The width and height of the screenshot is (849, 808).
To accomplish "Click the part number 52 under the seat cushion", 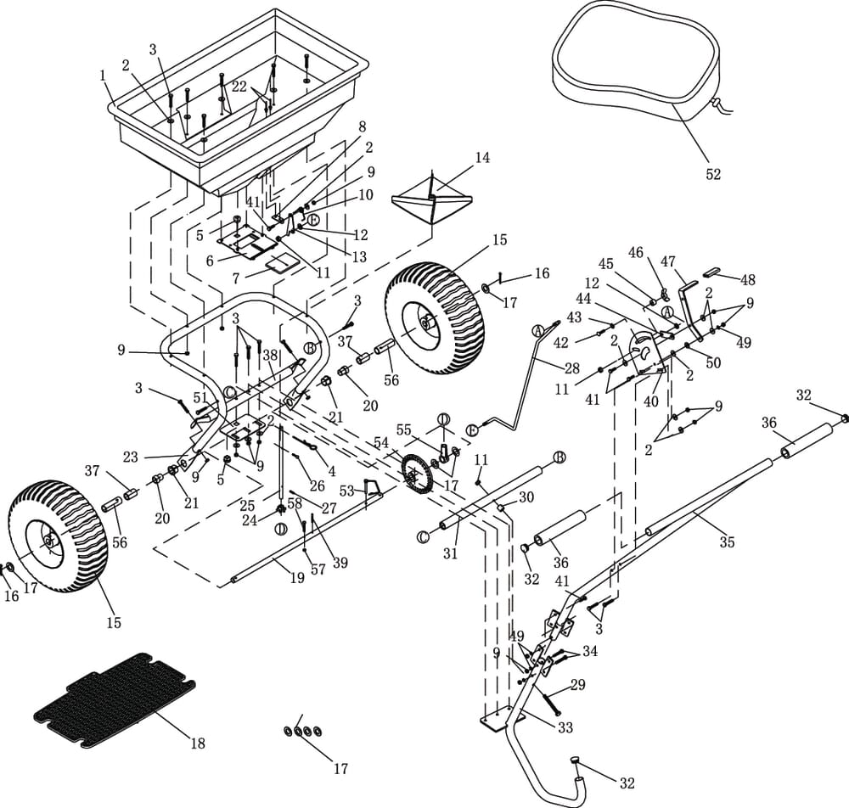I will tap(713, 174).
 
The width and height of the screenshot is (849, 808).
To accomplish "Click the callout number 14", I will tap(482, 158).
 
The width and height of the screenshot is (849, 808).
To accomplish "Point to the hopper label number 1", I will tap(103, 76).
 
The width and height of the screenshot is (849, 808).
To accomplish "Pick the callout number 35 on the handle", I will tap(727, 543).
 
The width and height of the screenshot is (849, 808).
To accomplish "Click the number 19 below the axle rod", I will tap(297, 578).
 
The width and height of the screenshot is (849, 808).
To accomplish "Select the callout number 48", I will tap(747, 280).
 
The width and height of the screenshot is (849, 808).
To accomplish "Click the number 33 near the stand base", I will tap(565, 728).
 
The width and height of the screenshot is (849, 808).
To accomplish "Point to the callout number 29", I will tap(577, 685).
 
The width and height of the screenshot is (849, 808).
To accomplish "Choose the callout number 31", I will tap(451, 554).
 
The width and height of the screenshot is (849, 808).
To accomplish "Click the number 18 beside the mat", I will tap(197, 743).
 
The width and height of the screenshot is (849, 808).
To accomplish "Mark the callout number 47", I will tap(667, 261).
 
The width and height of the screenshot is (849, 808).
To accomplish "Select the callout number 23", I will tap(130, 457).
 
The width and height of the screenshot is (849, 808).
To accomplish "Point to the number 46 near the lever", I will tap(635, 252).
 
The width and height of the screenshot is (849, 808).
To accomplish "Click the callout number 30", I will tap(526, 497).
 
